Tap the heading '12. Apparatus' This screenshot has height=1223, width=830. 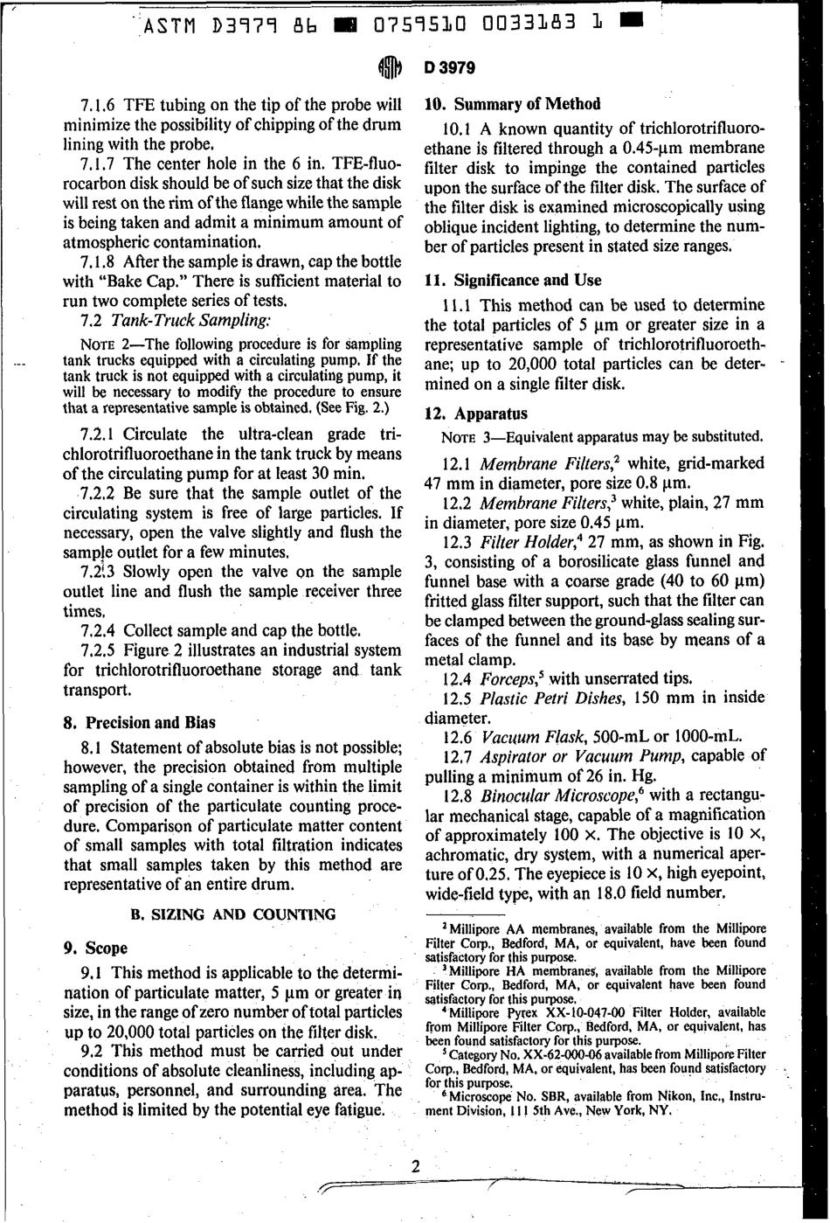coord(476,413)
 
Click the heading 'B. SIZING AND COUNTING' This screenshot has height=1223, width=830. coord(232,915)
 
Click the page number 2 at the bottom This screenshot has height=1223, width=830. coord(415,1165)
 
